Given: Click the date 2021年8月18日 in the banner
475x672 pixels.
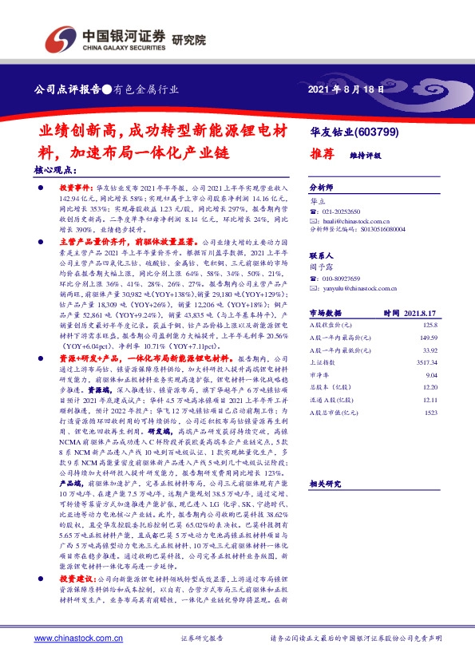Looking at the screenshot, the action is coord(345,89).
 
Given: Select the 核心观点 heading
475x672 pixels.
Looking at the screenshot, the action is coord(55,170).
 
